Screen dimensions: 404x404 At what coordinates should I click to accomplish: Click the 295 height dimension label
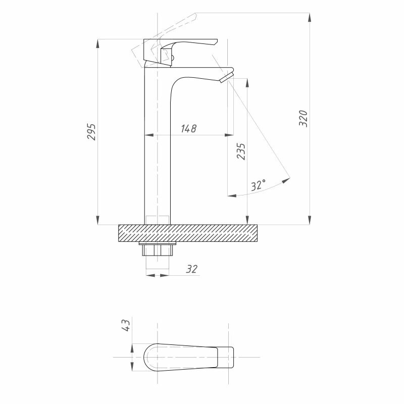click(91, 132)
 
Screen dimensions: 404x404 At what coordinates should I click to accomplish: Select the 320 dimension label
click(303, 119)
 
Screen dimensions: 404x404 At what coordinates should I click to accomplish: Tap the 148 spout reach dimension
click(188, 128)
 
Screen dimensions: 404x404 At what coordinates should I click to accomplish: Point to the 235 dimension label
click(241, 151)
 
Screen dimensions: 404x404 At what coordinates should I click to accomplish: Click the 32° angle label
click(258, 185)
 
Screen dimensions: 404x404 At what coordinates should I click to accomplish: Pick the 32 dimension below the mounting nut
click(191, 269)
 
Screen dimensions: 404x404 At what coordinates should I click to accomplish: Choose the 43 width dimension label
click(126, 325)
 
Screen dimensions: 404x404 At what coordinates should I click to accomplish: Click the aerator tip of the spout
click(227, 78)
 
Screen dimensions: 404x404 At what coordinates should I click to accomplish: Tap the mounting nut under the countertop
click(158, 249)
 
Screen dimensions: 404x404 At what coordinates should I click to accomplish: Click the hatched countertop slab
click(187, 233)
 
